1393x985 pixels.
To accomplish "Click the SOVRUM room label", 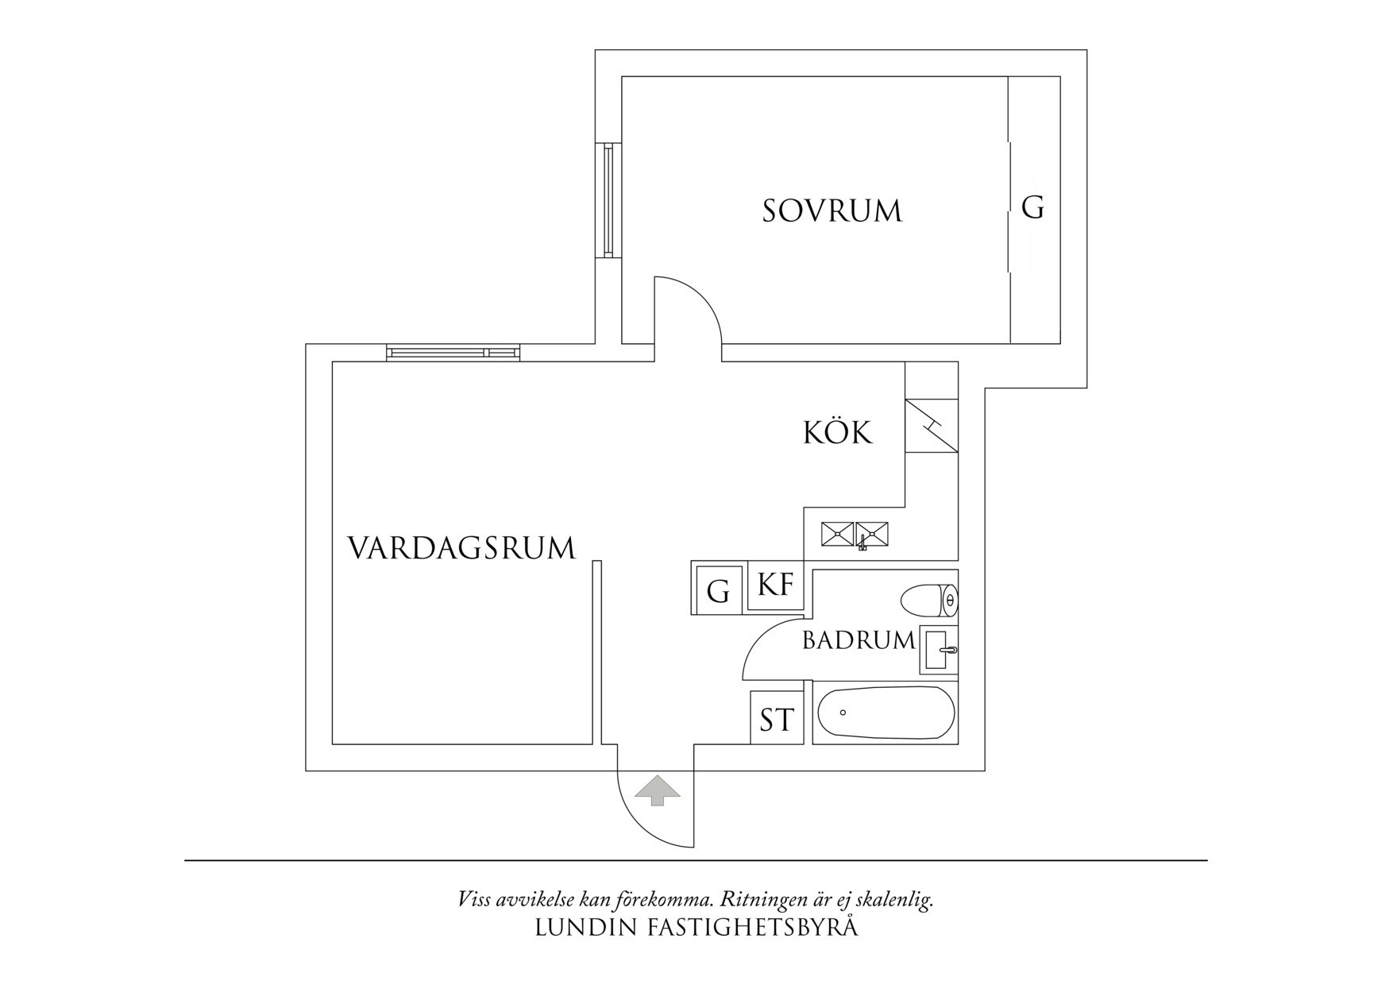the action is coord(832,211).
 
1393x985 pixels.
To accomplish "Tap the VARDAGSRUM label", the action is coord(461,549).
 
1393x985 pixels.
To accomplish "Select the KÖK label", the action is coord(837,434).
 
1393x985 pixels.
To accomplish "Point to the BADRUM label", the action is coord(859,641).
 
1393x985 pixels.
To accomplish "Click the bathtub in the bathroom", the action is coord(886,713).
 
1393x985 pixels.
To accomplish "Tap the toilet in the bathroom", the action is coord(930,600).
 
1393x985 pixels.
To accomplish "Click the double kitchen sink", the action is coord(855,534).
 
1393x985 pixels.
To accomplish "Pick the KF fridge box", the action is coord(776,585).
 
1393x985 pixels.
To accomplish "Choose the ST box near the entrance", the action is coord(777,720).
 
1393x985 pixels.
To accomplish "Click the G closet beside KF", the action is coord(718,591).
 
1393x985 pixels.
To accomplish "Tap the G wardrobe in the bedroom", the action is coord(1033,209).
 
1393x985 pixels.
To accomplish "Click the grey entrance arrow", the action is coord(656,791).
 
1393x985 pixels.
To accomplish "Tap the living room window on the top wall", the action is coord(453,353).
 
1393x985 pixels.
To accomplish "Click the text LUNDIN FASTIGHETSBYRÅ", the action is coord(696,928).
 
